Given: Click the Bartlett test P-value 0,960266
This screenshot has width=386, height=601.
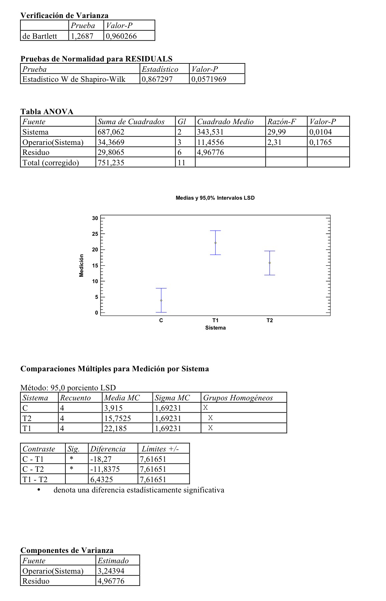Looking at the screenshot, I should point(121,36).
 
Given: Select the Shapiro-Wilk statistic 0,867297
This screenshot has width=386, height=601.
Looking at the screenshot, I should point(157,79).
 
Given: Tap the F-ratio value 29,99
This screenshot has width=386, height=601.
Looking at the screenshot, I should point(276,132).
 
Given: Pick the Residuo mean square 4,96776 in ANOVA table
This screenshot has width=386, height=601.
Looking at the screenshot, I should point(210,153).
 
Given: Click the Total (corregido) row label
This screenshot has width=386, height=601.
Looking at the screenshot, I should point(50,163).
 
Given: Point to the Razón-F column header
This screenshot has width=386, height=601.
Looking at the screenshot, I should point(281,122).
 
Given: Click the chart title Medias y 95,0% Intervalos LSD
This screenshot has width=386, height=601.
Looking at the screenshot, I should point(215,198).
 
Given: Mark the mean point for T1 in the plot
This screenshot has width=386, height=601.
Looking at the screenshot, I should point(215,243).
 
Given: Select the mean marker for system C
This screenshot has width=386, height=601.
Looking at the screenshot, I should point(161,300).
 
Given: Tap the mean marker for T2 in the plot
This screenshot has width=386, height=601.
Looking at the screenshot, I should point(269,263).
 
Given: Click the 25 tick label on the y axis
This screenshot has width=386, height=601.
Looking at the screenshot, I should point(95,234).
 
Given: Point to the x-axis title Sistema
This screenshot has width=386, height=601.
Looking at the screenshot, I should point(215,328).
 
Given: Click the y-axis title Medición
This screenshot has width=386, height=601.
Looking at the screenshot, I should point(81,265).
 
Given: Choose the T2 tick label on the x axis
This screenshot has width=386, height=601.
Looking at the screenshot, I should point(269,321).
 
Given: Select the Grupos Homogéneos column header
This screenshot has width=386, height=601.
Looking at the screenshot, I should point(238,398).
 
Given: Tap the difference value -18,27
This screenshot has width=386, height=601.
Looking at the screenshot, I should point(101,459).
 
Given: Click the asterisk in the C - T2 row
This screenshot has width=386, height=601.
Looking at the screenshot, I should point(71,469).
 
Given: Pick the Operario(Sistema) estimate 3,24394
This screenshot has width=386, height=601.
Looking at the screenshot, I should point(111,571).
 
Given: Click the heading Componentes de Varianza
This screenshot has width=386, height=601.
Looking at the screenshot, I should point(67,550).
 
